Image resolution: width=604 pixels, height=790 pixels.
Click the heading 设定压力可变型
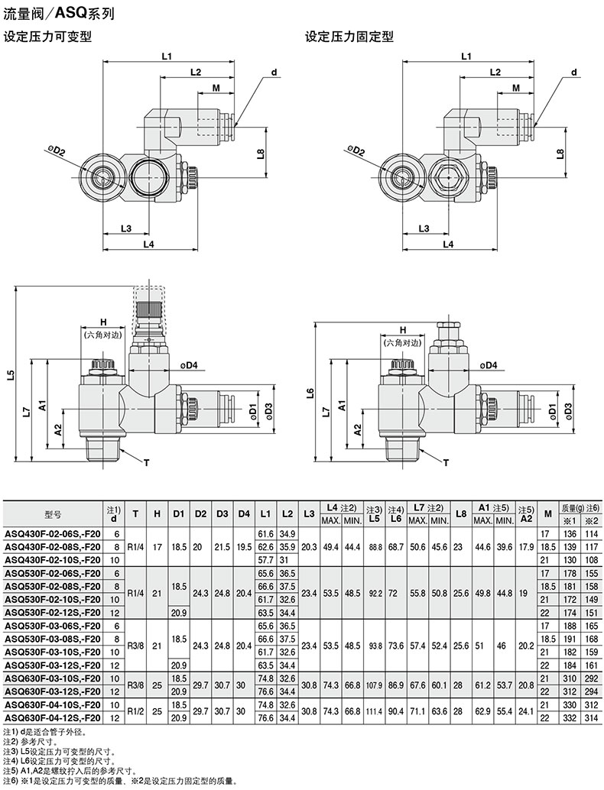pyautogui.click(x=47, y=37)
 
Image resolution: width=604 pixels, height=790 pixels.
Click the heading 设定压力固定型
pyautogui.click(x=349, y=37)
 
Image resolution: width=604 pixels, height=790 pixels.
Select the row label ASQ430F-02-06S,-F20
pyautogui.click(x=53, y=533)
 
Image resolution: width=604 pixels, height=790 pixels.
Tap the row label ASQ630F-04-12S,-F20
pyautogui.click(x=53, y=717)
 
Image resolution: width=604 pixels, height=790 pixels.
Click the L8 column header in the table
pyautogui.click(x=460, y=514)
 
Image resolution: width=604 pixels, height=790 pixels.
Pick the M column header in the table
pyautogui.click(x=548, y=514)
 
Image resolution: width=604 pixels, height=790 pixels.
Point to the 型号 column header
pyautogui.click(x=53, y=514)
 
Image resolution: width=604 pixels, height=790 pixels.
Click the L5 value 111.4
pyautogui.click(x=374, y=711)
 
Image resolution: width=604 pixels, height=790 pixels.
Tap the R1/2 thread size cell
pyautogui.click(x=135, y=711)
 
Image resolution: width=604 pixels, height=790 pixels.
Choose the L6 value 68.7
pyautogui.click(x=396, y=546)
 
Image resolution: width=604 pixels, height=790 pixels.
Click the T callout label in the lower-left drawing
pyautogui.click(x=147, y=462)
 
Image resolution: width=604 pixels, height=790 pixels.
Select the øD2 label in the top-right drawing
pyautogui.click(x=356, y=151)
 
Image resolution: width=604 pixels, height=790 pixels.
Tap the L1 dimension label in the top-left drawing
pyautogui.click(x=167, y=56)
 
